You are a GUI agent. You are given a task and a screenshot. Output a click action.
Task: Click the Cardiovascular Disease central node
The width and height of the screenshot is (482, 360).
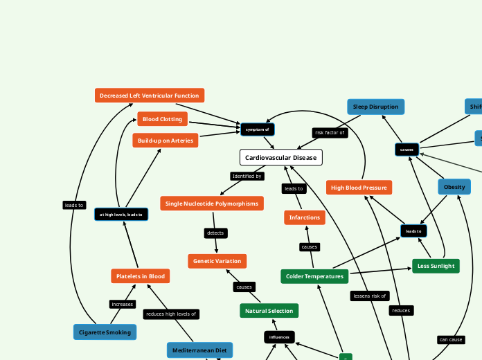[280, 158]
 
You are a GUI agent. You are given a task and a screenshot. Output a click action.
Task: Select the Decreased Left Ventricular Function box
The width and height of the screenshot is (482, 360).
[149, 96]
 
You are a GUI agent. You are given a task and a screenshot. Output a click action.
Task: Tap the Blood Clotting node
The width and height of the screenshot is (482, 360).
[162, 119]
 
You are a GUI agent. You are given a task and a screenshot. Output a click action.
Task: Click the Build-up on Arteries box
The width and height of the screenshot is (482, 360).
[165, 141]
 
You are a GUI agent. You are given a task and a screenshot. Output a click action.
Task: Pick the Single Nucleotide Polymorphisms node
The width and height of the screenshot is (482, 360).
[211, 204]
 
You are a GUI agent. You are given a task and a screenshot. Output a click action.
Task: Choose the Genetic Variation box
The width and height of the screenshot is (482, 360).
[217, 261]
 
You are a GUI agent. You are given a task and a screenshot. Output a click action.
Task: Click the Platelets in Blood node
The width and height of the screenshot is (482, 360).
[140, 276]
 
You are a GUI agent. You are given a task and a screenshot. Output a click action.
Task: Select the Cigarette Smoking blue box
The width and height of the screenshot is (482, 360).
[105, 332]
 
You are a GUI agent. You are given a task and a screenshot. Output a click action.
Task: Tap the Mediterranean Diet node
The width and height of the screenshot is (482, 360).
[199, 350]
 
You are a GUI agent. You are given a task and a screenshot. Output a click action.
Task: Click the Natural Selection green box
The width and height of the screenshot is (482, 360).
[269, 311]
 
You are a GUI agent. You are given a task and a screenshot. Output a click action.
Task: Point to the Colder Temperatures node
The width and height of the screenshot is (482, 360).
[314, 276]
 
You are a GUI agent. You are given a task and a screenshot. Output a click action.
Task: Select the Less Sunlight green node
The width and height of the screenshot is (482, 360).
[436, 266]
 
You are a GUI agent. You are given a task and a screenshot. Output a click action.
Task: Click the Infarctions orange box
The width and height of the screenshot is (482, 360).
[304, 217]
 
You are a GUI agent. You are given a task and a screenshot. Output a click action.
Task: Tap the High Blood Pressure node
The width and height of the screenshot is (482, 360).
[359, 188]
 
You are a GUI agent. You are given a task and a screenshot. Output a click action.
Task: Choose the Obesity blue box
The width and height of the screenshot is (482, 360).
[454, 187]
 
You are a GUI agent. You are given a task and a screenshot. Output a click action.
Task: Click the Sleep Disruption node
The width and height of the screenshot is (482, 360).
[375, 107]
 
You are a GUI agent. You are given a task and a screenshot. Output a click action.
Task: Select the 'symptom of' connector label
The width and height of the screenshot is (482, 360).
[257, 129]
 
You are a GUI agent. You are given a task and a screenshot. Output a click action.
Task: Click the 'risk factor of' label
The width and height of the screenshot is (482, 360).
[329, 132]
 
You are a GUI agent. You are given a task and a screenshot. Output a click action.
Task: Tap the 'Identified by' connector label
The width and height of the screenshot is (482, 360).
[247, 177]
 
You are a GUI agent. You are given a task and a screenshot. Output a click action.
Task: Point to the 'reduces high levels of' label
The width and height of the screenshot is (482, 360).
[171, 314]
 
